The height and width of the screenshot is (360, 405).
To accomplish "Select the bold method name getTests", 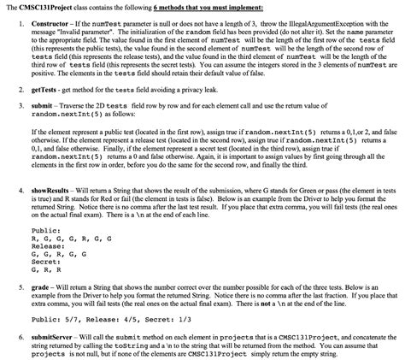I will (44, 89).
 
